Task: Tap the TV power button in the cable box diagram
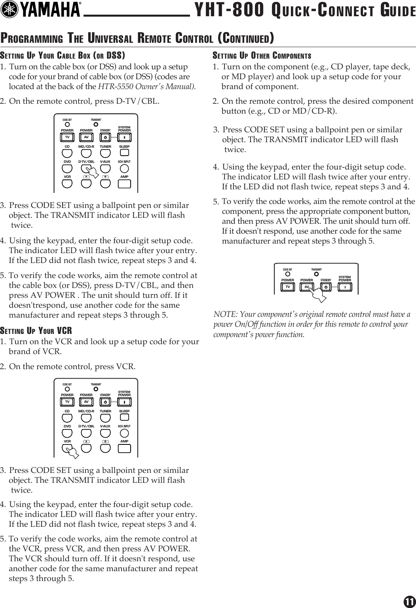pyautogui.click(x=67, y=137)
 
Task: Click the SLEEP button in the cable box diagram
pyautogui.click(x=124, y=153)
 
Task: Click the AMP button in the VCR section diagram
pyautogui.click(x=124, y=448)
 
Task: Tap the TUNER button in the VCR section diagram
pyautogui.click(x=105, y=418)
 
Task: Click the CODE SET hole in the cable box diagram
pyautogui.click(x=67, y=123)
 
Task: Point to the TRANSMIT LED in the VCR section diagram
pyautogui.click(x=95, y=388)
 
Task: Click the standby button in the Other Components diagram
pyautogui.click(x=325, y=287)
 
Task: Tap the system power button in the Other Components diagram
pyautogui.click(x=345, y=287)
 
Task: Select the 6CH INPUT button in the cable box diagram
pyautogui.click(x=124, y=168)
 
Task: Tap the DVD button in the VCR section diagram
pyautogui.click(x=67, y=433)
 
